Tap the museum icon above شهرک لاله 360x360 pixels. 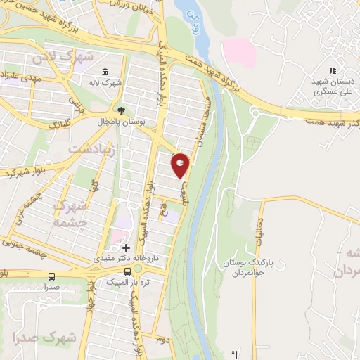coord(105,72)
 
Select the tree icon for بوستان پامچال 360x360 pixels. coord(121,110)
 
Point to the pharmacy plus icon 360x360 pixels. coord(126,247)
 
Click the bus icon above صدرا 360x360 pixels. coord(51,276)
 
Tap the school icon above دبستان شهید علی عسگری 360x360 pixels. coord(333,70)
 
